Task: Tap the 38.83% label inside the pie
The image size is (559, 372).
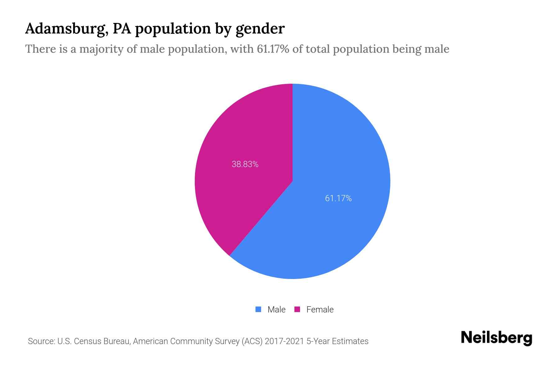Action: [245, 164]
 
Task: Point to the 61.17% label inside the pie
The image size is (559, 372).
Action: [338, 198]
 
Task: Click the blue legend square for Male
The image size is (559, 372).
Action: [258, 309]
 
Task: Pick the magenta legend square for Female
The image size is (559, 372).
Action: [297, 309]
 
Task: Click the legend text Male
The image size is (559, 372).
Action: [276, 309]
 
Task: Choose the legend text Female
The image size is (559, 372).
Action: [320, 309]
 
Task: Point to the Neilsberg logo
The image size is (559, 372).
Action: [496, 338]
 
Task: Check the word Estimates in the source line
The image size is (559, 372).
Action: [350, 341]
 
